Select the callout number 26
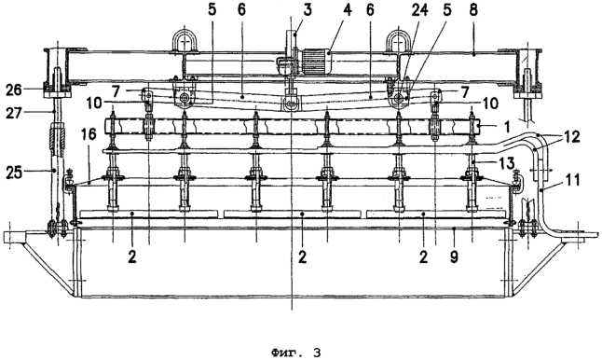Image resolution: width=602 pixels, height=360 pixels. tap(15, 90)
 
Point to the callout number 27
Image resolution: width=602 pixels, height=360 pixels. tap(15, 113)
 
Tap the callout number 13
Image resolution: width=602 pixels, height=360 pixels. tap(506, 162)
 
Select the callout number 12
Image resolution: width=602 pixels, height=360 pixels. tap(572, 137)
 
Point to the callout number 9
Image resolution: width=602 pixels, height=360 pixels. tap(454, 256)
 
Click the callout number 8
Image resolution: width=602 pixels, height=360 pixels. tap(473, 10)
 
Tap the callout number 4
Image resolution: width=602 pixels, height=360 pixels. tap(347, 10)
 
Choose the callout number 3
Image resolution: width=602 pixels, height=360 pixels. tap(308, 10)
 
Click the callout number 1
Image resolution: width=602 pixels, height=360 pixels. tap(508, 126)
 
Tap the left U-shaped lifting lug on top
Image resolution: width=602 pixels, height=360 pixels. tap(185, 41)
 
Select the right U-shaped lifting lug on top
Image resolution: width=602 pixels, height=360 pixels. tap(399, 41)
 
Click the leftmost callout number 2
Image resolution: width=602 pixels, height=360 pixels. tap(132, 256)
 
